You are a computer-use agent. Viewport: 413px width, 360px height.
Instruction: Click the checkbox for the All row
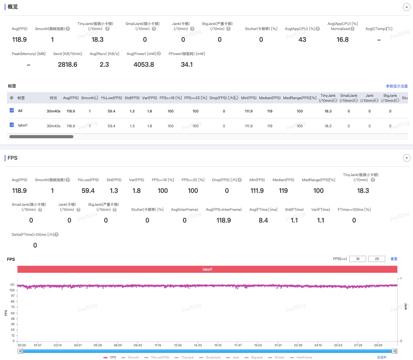12,110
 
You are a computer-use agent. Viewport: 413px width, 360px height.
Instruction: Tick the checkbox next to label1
12,125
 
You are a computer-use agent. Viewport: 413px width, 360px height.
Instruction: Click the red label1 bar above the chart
207,269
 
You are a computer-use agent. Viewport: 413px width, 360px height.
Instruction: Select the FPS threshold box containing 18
358,259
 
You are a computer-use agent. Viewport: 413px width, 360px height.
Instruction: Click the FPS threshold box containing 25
377,259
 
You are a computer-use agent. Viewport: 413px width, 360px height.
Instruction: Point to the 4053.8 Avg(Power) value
144,64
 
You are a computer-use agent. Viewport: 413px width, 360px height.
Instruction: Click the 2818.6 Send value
68,64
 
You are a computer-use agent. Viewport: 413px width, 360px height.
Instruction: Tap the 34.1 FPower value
187,64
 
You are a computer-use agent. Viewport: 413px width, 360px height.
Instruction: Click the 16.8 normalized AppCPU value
342,39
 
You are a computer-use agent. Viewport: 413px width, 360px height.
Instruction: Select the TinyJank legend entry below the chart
184,357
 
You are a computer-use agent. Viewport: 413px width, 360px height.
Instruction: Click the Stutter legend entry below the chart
276,357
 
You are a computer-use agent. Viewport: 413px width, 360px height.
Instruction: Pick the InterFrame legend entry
301,357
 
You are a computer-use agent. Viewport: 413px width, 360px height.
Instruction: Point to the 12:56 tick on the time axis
178,345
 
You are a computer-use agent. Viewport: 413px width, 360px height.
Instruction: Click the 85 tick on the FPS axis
13,301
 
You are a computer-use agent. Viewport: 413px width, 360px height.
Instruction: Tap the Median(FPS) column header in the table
269,98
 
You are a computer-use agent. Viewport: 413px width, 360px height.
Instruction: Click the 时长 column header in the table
53,98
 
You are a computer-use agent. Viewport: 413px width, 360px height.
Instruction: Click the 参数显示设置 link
397,86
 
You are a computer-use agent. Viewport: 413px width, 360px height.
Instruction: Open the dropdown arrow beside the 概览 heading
406,7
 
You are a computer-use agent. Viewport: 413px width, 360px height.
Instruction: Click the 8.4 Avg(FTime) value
263,220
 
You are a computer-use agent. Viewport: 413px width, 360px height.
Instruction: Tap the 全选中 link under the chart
382,357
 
